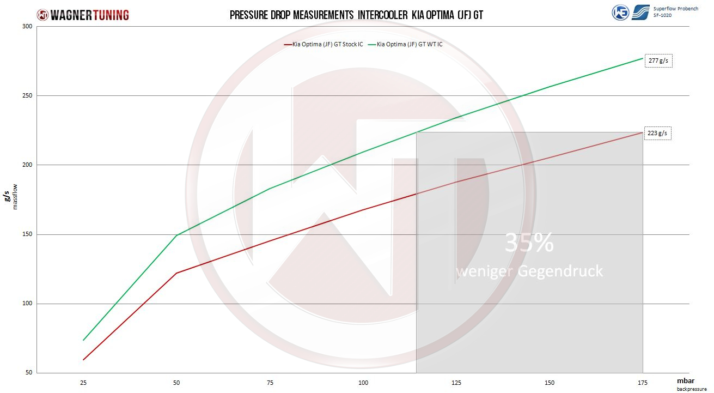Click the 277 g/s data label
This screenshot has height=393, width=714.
pos(658,61)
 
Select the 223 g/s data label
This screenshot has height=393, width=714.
pos(657,134)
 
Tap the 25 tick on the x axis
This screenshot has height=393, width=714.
pos(83,383)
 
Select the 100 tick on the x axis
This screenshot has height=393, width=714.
pos(363,383)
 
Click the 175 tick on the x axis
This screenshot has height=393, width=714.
pos(643,383)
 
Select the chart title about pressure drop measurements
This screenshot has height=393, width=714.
pos(356,15)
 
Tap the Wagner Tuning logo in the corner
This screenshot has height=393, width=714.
pos(83,15)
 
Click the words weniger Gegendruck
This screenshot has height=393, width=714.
pos(529,271)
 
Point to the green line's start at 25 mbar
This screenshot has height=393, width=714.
pos(83,340)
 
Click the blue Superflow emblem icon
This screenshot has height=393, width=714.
pos(640,12)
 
